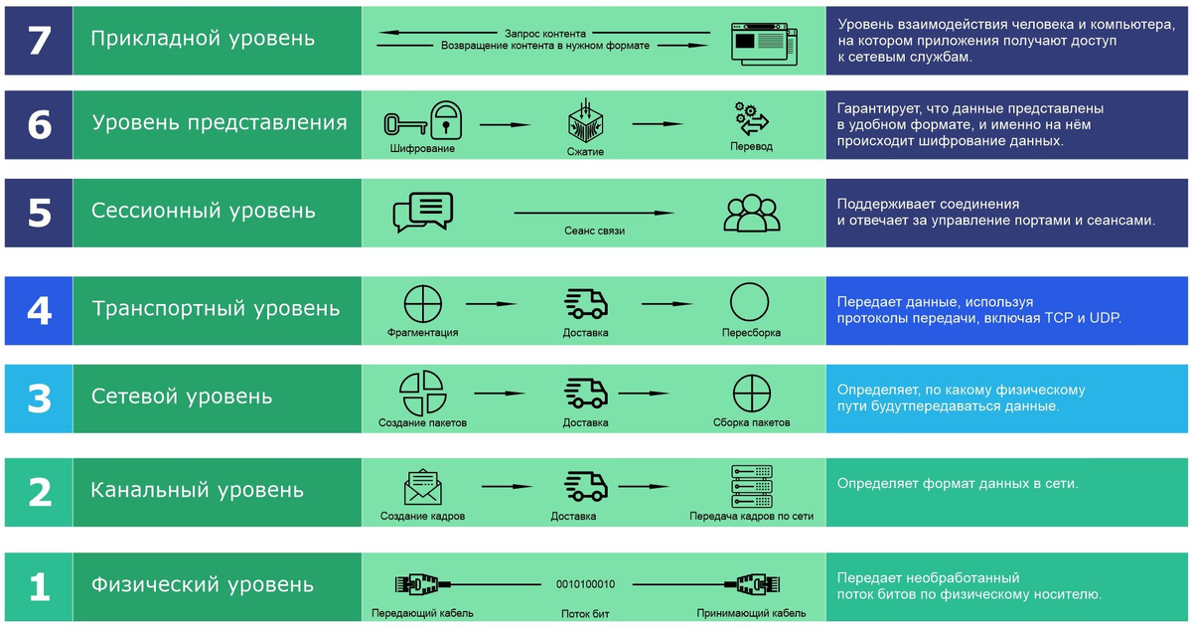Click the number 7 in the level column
click(38, 40)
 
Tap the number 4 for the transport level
click(38, 310)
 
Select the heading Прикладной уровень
click(203, 39)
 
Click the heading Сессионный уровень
click(204, 211)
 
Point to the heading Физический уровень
click(203, 584)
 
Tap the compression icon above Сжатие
click(586, 121)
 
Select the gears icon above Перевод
click(751, 118)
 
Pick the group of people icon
click(752, 212)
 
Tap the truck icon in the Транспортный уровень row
click(586, 304)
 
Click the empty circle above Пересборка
click(751, 303)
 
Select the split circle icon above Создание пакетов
click(422, 392)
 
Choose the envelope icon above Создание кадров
click(423, 487)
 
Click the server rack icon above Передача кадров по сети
click(751, 486)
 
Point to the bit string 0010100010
click(586, 584)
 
